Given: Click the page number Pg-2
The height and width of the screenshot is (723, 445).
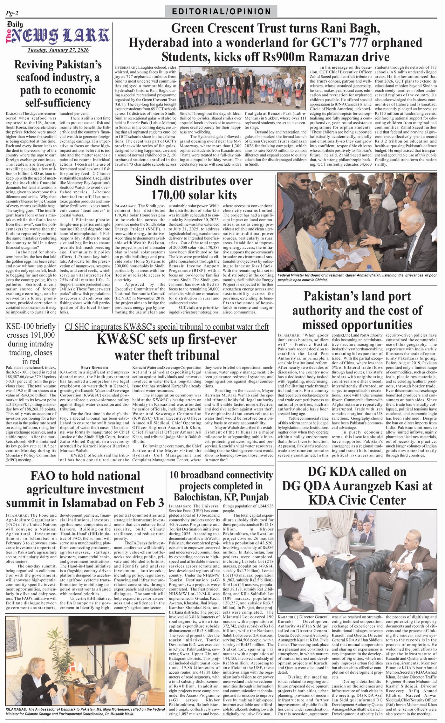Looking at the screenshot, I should pos(12,13).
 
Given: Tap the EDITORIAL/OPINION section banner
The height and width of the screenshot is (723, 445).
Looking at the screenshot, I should pos(221,12).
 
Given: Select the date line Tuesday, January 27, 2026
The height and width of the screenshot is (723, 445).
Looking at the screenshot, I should pos(58,50).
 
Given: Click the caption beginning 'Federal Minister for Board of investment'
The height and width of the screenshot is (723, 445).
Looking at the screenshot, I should pos(357,277).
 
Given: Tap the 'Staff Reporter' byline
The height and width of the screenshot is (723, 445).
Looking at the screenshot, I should pos(94,368).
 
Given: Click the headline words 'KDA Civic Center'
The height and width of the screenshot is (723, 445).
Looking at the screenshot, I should pos(357,500).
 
